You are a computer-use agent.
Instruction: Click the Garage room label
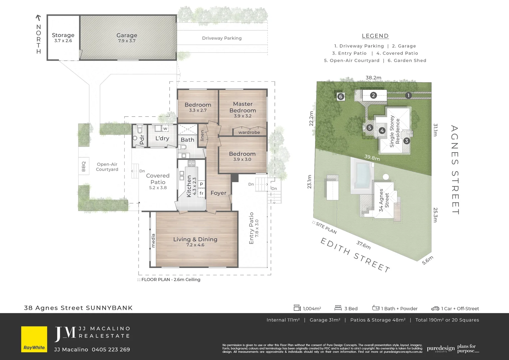[127, 35]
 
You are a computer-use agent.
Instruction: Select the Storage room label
[63, 35]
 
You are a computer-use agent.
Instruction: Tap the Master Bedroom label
[243, 107]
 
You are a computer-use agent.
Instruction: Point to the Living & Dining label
[195, 239]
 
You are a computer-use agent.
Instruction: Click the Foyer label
[218, 193]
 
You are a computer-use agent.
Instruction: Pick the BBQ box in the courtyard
[84, 166]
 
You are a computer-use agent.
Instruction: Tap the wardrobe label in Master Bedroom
[249, 132]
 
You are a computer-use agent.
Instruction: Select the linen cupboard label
[202, 135]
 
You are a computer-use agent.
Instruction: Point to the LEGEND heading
[375, 36]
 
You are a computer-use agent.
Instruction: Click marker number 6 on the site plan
[340, 97]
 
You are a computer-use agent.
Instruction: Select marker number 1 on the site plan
[408, 96]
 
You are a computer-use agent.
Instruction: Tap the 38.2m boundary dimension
[373, 78]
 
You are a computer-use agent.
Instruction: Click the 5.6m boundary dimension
[427, 260]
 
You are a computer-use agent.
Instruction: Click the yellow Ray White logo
[34, 339]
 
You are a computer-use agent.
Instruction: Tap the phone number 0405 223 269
[111, 349]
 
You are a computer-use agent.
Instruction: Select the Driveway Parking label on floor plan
[222, 38]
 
